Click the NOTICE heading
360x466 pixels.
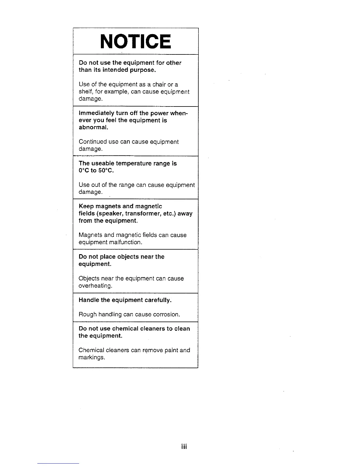coord(135,41)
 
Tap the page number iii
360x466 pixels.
coord(184,447)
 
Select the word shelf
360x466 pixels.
coord(84,92)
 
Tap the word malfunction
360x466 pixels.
coord(126,242)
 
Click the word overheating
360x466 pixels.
coord(95,286)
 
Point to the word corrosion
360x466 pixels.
coord(166,314)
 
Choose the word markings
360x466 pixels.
coord(91,358)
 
